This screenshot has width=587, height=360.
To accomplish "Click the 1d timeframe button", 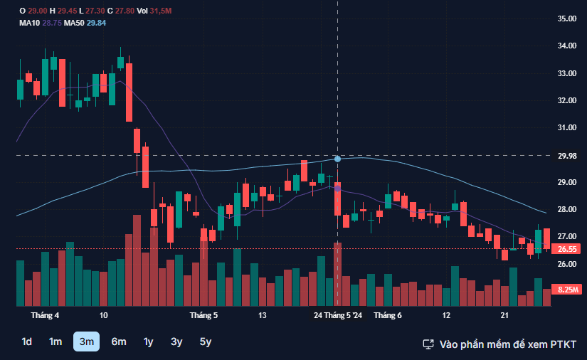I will coord(26,342).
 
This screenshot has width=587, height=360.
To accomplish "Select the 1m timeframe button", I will coord(55,342).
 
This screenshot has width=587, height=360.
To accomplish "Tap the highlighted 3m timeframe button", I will coord(86,342).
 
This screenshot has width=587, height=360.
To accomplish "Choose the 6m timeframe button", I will coord(119,342).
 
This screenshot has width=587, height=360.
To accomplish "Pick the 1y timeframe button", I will coord(148,342).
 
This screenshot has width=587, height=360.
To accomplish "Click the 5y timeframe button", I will coord(206,342).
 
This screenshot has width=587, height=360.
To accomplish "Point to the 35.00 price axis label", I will coord(567,18).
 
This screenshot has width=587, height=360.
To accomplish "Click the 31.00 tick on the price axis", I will coord(567,127).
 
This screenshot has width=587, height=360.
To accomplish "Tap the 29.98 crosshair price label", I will coord(567,156).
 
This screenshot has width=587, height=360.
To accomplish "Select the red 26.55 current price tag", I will coord(567,249).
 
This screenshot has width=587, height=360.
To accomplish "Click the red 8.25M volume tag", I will coord(567,290).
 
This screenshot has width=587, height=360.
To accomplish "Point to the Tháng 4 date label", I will coord(46,315).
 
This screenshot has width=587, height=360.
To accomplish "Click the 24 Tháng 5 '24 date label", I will coord(339,315).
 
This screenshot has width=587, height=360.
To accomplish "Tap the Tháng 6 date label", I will coord(388,315).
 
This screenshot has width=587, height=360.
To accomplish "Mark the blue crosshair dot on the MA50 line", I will coord(337,159).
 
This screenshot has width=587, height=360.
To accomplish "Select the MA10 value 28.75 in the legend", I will coord(51,23).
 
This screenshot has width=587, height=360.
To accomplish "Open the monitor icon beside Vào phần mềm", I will coord(428,344).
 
